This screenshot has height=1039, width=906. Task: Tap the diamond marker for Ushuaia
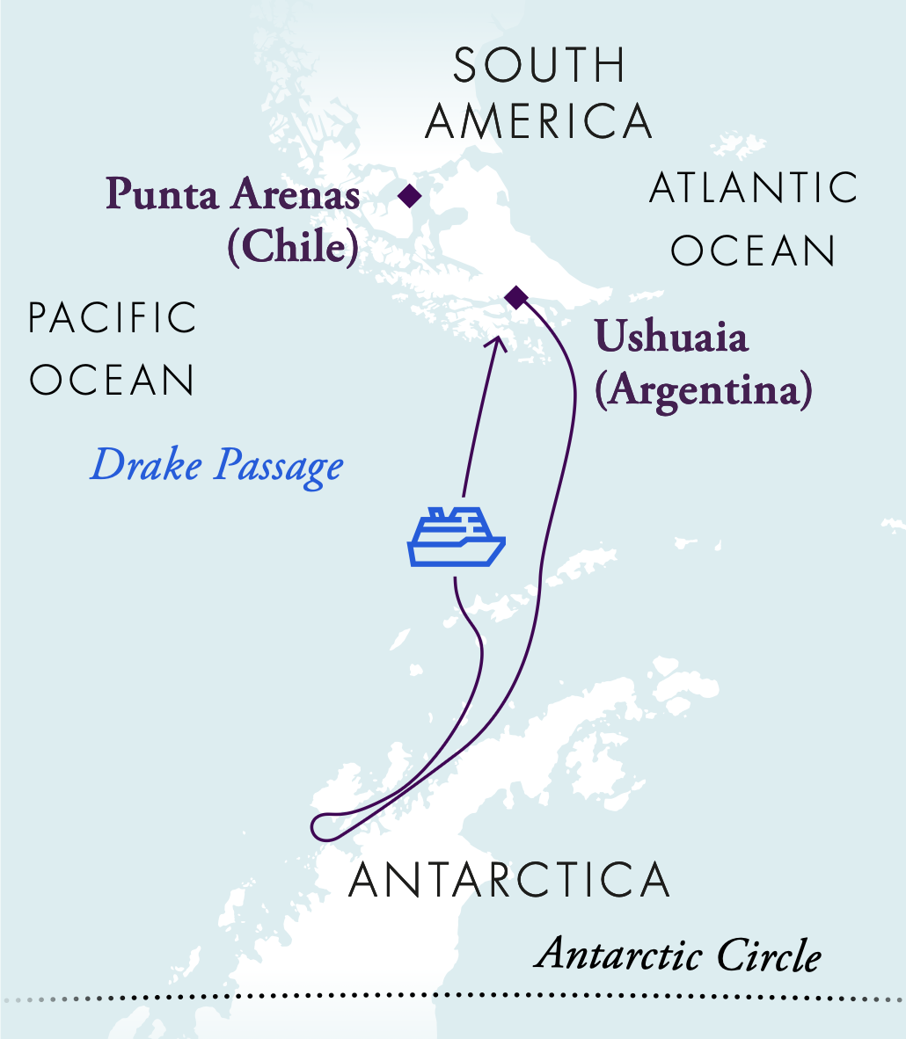516,298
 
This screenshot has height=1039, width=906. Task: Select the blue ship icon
456,535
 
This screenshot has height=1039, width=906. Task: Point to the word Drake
146,464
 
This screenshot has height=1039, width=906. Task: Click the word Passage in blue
278,467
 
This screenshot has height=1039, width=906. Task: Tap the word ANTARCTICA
509,880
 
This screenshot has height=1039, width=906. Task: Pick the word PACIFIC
113,318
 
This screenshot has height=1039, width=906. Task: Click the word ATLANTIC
754,188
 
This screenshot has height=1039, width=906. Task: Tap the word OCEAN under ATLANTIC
753,251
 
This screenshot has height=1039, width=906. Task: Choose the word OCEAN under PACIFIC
113,381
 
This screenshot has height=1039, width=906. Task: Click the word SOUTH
539,67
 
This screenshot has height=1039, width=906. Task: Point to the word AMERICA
539,122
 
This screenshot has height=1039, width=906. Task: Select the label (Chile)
294,248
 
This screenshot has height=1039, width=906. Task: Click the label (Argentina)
703,390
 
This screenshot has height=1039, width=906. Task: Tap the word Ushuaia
671,337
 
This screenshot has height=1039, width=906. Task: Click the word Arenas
296,195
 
